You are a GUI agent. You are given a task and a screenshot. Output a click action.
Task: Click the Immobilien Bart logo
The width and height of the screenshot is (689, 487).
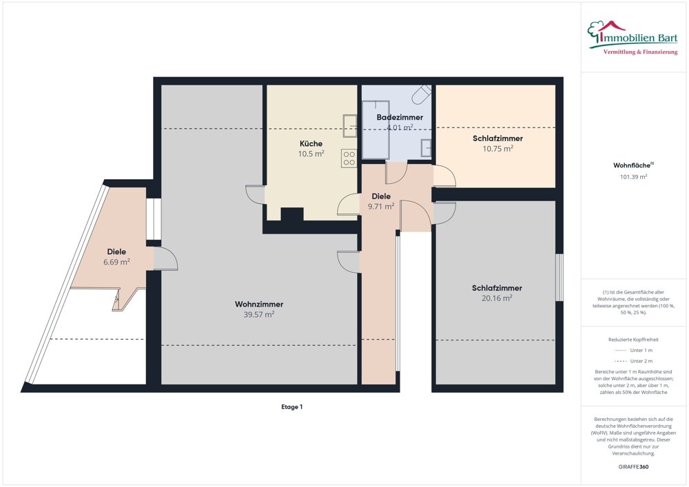[x=633, y=38]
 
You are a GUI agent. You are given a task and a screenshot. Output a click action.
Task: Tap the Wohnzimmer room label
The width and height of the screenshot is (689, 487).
[x=259, y=304]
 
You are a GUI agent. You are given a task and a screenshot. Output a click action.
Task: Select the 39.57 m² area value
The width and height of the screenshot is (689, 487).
[x=259, y=314]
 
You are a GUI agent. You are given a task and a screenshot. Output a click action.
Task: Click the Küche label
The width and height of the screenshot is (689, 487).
[x=311, y=143]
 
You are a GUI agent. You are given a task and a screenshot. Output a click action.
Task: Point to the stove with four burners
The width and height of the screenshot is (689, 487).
[x=349, y=158]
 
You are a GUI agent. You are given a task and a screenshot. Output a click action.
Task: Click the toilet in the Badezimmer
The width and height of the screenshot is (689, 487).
[x=422, y=94]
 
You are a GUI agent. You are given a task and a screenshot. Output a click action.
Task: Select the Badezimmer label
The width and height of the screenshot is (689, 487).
[x=400, y=117]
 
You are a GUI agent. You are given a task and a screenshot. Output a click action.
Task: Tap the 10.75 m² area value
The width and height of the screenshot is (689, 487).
[x=498, y=149]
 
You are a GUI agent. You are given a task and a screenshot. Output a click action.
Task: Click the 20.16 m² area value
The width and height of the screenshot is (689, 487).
[x=497, y=298]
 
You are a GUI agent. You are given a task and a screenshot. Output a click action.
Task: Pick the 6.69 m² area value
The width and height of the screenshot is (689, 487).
[x=116, y=262]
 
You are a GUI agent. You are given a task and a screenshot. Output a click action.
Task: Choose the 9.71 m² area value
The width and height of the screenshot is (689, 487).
[x=381, y=207]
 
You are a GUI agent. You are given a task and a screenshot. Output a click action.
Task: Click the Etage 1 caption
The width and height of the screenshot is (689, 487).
[x=291, y=407]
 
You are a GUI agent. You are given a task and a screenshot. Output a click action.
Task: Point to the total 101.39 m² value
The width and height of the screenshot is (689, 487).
[x=634, y=177]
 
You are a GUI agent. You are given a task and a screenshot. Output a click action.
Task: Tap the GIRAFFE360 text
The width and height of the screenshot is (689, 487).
[x=633, y=467]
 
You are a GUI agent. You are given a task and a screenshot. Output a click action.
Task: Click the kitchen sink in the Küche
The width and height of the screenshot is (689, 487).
[x=350, y=126]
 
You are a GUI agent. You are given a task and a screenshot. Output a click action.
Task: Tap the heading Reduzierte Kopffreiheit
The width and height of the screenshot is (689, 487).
[x=633, y=340]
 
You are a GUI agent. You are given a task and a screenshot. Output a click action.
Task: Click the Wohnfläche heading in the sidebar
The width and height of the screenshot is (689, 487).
[x=633, y=165]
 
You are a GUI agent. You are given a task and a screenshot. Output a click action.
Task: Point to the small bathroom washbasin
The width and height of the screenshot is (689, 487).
[x=426, y=148]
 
